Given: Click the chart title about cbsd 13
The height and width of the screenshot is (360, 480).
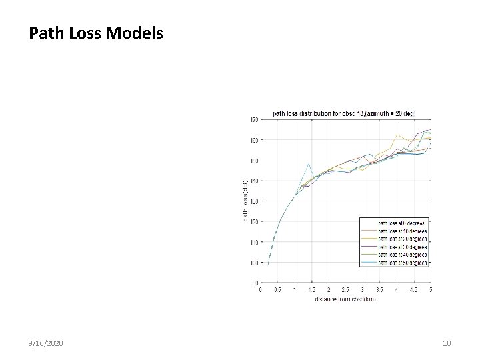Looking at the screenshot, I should pos(344,113).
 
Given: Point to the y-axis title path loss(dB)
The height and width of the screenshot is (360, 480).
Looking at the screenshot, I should pos(245,201).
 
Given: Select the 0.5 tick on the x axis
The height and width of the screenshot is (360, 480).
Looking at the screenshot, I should pos(277,290).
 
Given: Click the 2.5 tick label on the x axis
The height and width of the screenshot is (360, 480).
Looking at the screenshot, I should pos(345,290).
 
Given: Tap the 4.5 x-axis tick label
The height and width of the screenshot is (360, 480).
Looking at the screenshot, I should pos(414,290).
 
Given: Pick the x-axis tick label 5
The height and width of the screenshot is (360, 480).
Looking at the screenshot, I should pos(431,290).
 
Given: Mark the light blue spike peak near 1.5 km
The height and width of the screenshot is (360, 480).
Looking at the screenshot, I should pos(309,164).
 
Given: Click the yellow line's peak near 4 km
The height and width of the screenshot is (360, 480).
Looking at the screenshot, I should pos(397,134).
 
